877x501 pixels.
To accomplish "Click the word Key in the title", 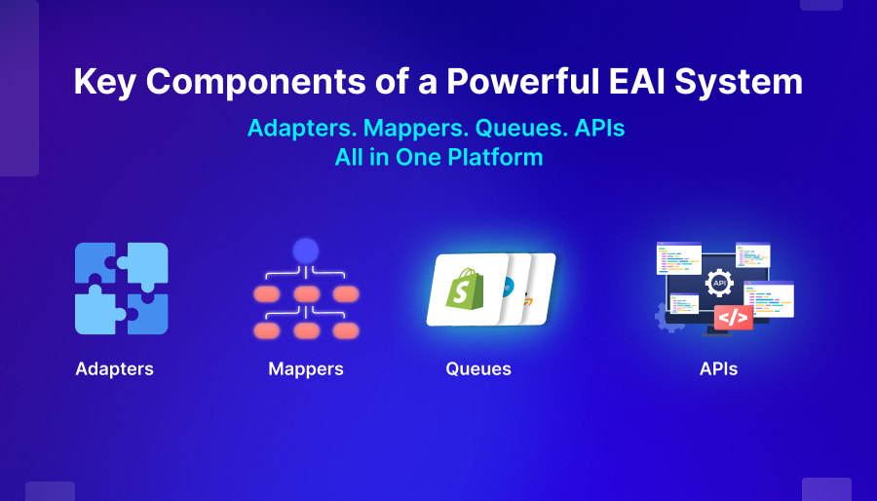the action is (x=104, y=82).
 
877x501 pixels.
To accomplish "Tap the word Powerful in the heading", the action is (x=522, y=81).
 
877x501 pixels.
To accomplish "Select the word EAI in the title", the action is (x=636, y=81).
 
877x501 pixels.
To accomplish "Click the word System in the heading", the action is (x=739, y=82).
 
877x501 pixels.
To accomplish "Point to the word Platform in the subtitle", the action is (x=496, y=157).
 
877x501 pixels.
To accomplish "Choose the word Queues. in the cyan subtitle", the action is (x=520, y=128).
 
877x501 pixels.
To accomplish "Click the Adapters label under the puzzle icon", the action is (x=115, y=369).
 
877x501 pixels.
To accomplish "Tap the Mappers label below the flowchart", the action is (x=306, y=369).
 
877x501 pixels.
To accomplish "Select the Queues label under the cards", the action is (x=478, y=369).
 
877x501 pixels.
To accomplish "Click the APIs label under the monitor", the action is (x=719, y=369).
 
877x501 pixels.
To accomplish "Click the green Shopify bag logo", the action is (x=465, y=289).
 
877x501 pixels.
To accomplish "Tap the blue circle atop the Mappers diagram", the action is (x=306, y=251).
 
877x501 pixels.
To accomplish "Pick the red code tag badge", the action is (x=733, y=318).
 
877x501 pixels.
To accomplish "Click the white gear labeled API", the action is (x=719, y=283).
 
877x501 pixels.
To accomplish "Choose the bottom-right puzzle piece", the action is (x=146, y=314).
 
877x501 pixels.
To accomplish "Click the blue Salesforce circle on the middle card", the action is (x=508, y=287).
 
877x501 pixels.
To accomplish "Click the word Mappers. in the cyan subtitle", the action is (x=416, y=128).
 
